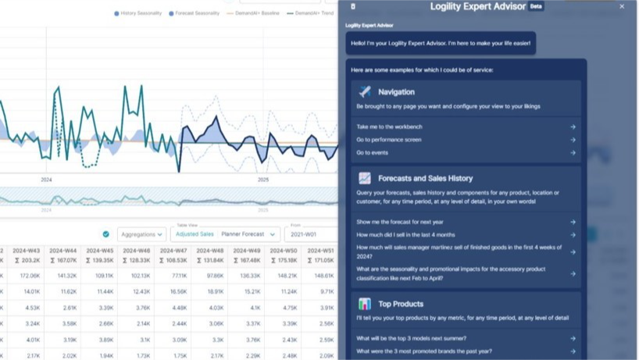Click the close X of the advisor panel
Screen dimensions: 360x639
622,6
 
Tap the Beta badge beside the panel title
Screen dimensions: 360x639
536,6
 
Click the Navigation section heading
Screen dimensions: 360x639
396,92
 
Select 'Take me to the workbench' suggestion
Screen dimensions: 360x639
389,127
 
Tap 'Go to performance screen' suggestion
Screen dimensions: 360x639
389,140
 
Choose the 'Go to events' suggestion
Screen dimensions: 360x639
373,153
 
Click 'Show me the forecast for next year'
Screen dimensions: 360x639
399,222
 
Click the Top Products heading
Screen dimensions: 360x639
400,304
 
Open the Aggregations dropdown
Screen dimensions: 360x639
141,234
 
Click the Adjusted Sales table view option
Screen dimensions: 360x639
195,234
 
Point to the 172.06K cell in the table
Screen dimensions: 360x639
30,276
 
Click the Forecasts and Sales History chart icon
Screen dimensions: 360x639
365,179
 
